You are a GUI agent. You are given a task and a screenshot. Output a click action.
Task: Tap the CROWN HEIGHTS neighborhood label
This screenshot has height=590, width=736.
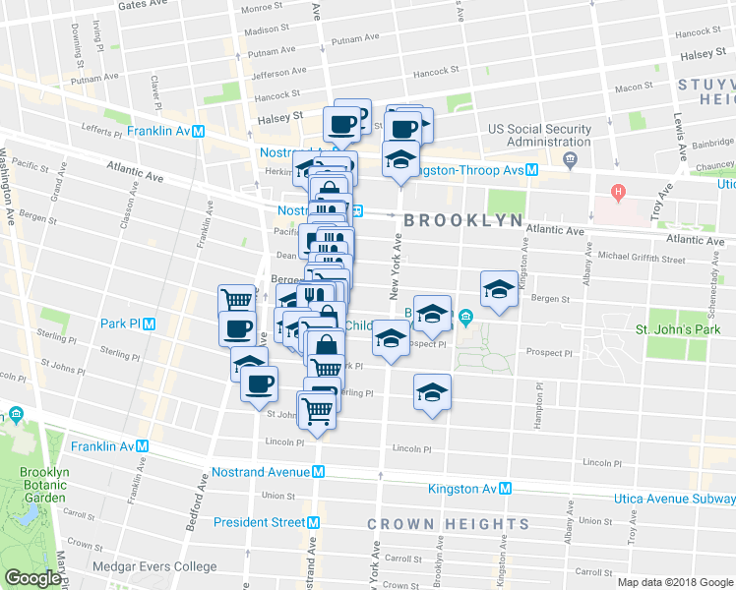[448, 524]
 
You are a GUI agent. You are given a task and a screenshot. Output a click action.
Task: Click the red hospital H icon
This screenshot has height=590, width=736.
[618, 191]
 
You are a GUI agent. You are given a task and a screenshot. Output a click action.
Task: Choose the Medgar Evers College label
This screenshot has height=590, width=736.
[153, 566]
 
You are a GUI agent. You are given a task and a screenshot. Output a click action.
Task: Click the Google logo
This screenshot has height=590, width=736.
[32, 578]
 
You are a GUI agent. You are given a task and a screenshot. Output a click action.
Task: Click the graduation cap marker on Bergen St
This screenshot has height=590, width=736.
[499, 289]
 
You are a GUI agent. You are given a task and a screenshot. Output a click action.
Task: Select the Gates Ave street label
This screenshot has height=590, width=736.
[145, 5]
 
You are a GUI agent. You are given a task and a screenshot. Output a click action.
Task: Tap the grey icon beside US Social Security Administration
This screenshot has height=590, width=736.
[570, 159]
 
